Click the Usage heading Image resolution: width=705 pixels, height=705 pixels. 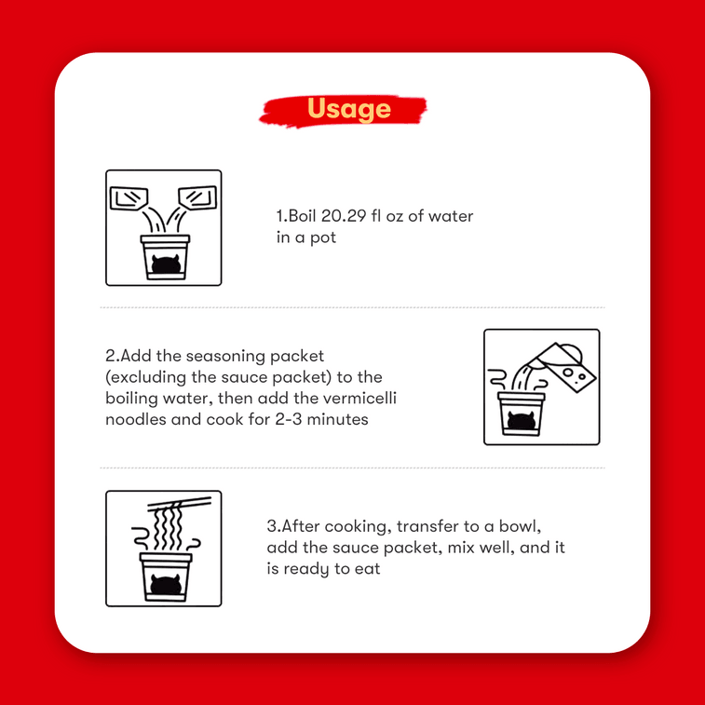tap(349, 109)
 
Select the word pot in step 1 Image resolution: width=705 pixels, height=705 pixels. tap(323, 238)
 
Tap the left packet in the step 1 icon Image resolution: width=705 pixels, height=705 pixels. tap(129, 198)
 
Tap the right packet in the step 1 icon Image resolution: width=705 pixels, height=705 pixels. tap(197, 197)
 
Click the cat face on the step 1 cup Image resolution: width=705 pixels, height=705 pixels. tap(166, 264)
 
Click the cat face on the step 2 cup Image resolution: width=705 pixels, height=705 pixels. tap(521, 421)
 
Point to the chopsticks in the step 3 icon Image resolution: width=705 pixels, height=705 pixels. tap(180, 504)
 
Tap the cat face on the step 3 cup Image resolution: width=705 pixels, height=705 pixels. tap(166, 585)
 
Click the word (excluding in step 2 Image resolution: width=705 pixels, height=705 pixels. tap(145, 378)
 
